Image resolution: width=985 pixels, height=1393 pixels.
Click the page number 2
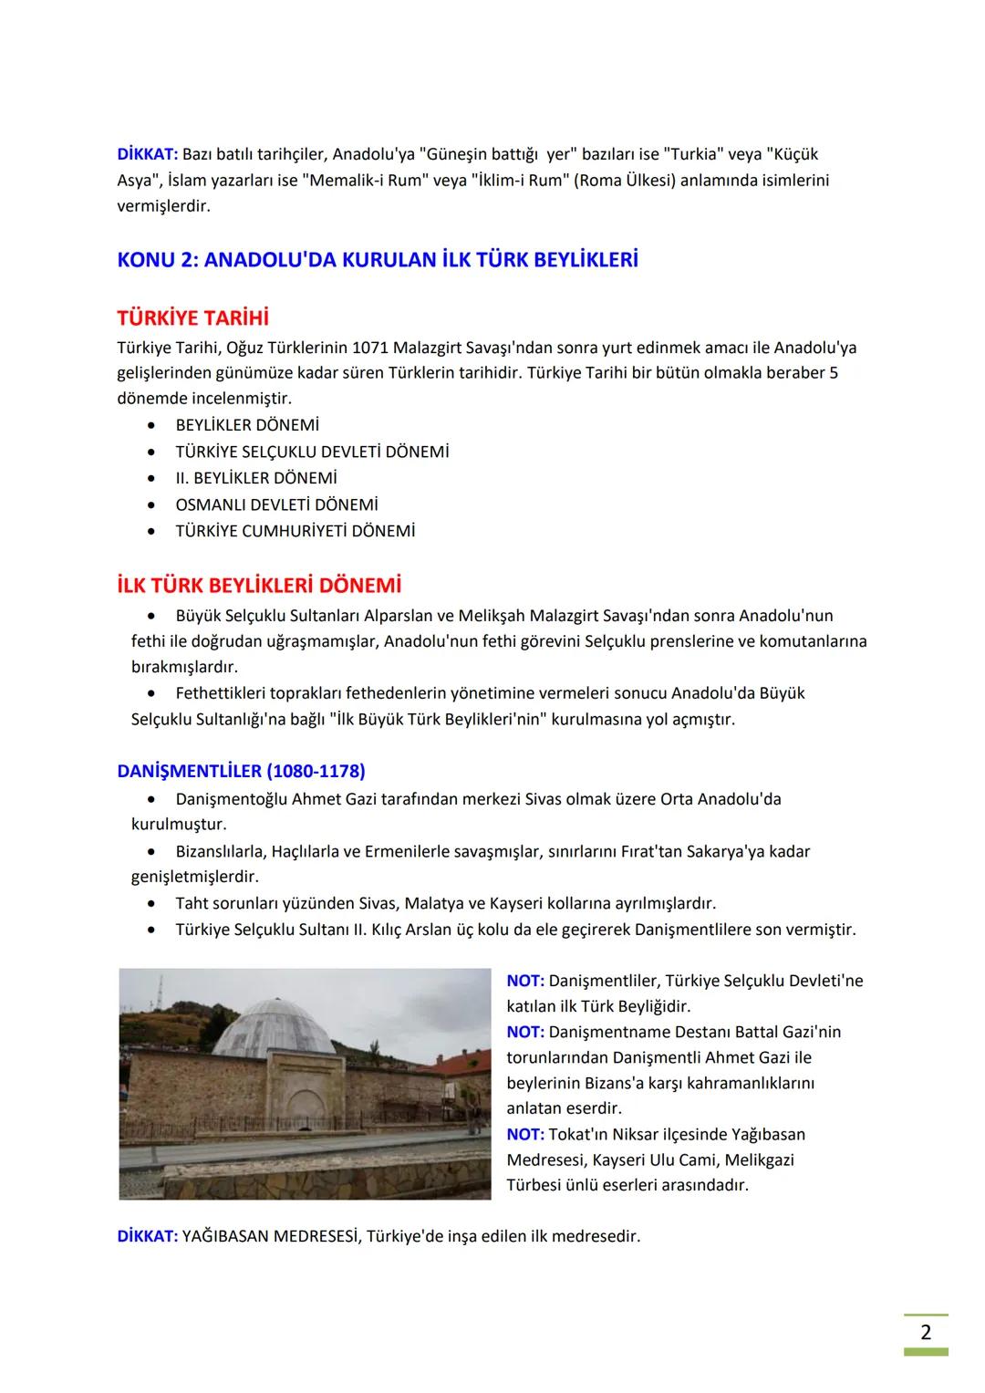pos(926,1332)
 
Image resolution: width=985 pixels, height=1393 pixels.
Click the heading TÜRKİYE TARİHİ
pos(192,318)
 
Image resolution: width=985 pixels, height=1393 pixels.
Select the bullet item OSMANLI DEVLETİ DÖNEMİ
pos(276,504)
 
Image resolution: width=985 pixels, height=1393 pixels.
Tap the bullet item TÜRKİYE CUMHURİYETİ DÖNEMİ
pos(295,531)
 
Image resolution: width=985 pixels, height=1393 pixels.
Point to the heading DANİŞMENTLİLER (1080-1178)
pos(241,771)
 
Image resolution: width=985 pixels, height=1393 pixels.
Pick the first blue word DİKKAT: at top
pos(148,154)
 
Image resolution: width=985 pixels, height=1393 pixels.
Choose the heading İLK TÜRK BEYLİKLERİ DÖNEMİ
pos(259,585)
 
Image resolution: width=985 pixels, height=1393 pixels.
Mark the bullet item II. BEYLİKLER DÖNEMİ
pos(255,478)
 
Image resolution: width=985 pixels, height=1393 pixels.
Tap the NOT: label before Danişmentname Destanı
pos(525,1032)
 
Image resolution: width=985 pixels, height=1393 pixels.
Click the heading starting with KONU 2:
pos(378,260)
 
